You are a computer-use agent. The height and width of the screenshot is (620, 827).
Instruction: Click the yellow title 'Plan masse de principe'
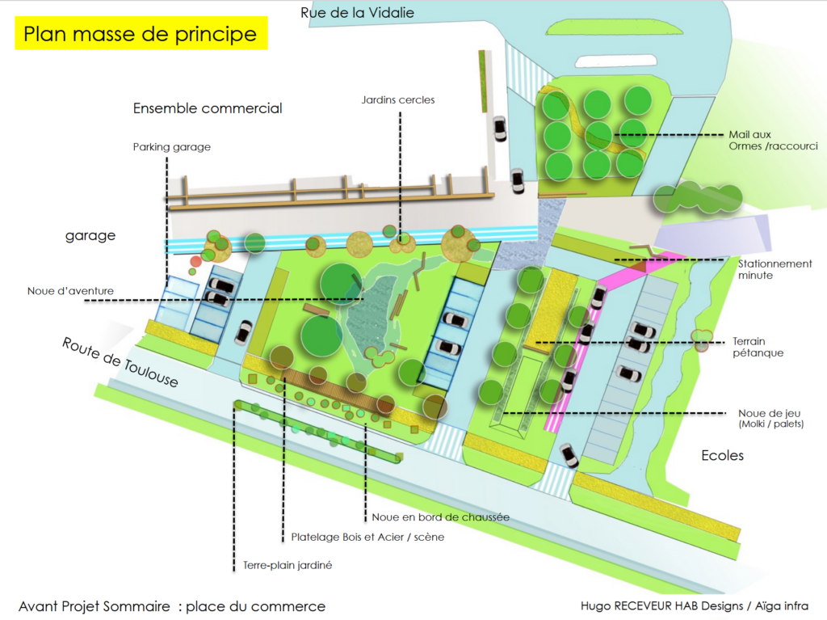(x=141, y=35)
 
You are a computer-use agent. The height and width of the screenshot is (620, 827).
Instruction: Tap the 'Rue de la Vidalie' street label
(x=357, y=12)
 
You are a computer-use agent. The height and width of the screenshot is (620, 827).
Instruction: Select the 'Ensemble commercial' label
(x=208, y=108)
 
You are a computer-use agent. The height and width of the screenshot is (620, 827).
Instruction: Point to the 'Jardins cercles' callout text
(x=397, y=100)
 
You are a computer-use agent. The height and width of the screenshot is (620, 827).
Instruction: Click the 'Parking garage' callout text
(x=171, y=147)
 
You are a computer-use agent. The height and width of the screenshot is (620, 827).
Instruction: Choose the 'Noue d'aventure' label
(x=70, y=291)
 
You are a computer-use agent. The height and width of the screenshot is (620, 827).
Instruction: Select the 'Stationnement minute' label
(x=775, y=270)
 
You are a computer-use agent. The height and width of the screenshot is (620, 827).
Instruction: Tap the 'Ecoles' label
(x=722, y=456)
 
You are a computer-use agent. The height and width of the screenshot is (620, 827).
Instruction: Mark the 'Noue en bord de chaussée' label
(x=440, y=517)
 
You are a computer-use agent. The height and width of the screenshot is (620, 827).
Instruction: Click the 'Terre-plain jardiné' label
(x=288, y=566)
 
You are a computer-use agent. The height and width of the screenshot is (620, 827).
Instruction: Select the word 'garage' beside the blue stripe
(x=90, y=236)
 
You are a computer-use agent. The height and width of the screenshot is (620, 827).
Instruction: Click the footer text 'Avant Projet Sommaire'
(x=94, y=606)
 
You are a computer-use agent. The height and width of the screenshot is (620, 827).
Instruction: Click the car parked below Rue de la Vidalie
(x=499, y=129)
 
